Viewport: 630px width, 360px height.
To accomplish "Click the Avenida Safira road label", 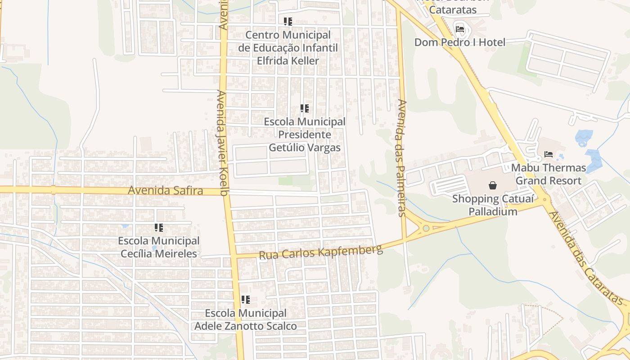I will pyautogui.click(x=165, y=190).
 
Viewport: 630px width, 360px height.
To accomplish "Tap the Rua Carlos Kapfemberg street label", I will pyautogui.click(x=320, y=252).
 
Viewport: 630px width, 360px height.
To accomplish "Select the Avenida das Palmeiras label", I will pyautogui.click(x=402, y=157).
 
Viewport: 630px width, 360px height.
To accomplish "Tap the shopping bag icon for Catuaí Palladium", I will pyautogui.click(x=493, y=185).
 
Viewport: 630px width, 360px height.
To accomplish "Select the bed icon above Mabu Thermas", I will pyautogui.click(x=549, y=154).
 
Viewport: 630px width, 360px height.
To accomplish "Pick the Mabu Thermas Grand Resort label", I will pyautogui.click(x=549, y=174).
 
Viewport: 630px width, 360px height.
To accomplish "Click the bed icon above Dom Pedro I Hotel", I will pyautogui.click(x=460, y=29).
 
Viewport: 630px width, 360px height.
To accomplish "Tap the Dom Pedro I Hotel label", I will pyautogui.click(x=460, y=42).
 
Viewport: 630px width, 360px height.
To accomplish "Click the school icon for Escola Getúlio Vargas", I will pyautogui.click(x=305, y=108).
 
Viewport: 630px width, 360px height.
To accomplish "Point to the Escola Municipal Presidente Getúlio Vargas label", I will pyautogui.click(x=305, y=135).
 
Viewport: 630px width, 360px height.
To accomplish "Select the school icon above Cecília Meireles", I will pyautogui.click(x=159, y=228).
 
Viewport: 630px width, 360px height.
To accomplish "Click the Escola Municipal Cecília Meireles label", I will pyautogui.click(x=159, y=247).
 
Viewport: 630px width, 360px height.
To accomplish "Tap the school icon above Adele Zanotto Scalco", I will pyautogui.click(x=246, y=300).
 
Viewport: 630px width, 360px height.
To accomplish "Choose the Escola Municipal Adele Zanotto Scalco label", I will pyautogui.click(x=246, y=319).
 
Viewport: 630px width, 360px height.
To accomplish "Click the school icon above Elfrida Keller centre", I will pyautogui.click(x=288, y=21).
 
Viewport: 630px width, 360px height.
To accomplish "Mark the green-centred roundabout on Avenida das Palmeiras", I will pyautogui.click(x=426, y=228).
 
